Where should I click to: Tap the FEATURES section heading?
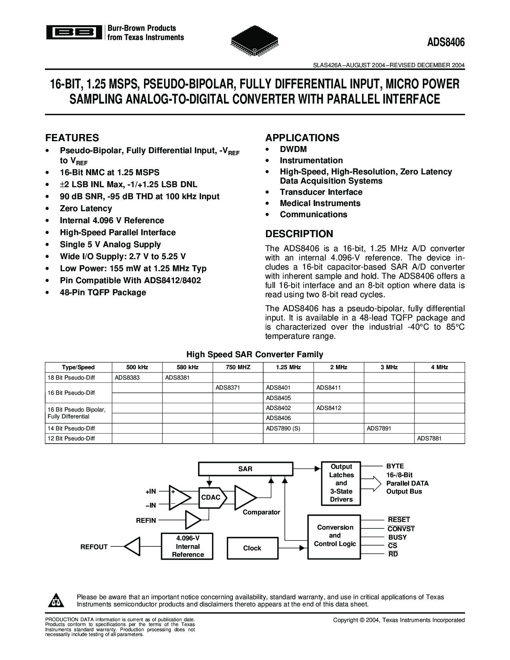(72, 138)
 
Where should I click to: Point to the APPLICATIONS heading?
(302, 138)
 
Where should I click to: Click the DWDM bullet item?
(293, 149)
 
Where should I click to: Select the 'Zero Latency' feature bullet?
(86, 208)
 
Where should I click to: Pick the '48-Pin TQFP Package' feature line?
(103, 292)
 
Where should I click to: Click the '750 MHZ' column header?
(238, 367)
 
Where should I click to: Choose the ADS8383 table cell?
(127, 377)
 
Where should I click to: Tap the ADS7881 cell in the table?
(430, 438)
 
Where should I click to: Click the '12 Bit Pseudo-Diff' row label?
(71, 438)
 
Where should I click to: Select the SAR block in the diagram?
(245, 469)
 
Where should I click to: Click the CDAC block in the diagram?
(211, 497)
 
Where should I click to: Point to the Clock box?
(252, 548)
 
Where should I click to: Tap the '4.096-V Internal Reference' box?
(188, 546)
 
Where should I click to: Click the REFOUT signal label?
(94, 547)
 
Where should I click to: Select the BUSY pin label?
(397, 537)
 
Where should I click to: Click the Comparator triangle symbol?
(244, 497)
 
